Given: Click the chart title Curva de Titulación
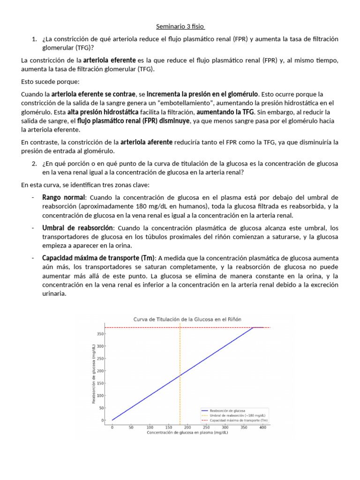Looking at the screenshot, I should pos(187,319).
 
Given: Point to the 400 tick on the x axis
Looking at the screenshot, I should pos(262,427).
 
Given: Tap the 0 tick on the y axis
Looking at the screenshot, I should pos(103,420).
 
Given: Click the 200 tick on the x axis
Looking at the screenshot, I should pos(187,427).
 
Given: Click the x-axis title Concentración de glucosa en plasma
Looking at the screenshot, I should pos(187,433).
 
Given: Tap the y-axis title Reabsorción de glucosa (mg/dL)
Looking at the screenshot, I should pos(94,373).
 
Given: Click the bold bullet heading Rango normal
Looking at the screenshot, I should pos(64,197).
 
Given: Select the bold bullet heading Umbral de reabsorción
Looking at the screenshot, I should pos(77,228).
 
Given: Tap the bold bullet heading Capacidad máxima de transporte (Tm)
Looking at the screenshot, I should pos(99,258).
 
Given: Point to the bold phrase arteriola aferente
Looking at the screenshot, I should pos(146,142).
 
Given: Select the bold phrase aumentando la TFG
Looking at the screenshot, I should pos(225,112).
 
